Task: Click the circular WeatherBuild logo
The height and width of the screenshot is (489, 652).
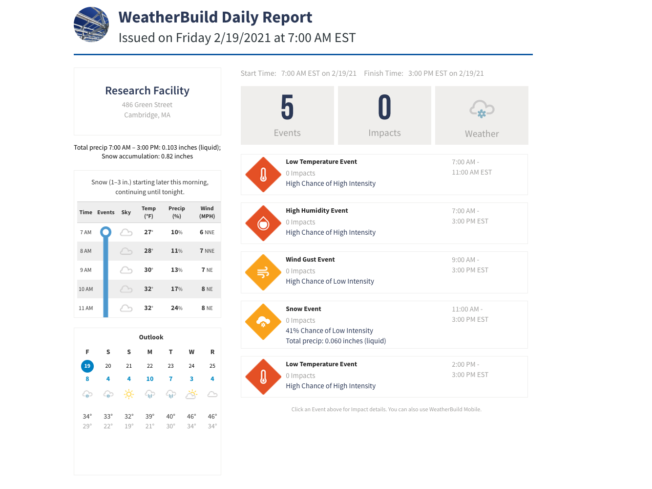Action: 91,24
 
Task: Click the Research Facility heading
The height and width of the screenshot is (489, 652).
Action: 147,91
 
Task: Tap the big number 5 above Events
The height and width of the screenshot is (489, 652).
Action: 287,108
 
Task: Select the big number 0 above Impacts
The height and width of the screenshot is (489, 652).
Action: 384,108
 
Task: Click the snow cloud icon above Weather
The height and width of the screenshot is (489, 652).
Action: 482,110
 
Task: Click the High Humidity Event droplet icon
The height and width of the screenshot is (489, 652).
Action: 263,223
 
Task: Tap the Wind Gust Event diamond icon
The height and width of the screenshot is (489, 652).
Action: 263,272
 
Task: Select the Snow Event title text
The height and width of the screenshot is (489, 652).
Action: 303,309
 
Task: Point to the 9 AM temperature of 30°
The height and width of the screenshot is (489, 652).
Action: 148,270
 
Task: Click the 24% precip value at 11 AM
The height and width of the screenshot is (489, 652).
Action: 176,308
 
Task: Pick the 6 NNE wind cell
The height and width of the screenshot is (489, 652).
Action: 207,232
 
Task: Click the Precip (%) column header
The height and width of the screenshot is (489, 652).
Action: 176,212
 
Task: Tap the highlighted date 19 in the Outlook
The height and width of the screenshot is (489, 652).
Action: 87,366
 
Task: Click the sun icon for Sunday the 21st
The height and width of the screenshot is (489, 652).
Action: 129,394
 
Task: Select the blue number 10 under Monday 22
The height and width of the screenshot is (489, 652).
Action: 150,379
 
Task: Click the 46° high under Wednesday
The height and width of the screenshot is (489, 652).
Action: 191,417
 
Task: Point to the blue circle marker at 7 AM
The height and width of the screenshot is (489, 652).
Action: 105,232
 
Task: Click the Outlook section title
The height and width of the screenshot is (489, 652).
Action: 151,337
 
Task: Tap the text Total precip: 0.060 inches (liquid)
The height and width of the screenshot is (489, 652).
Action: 336,341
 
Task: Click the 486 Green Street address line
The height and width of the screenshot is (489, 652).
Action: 147,105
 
